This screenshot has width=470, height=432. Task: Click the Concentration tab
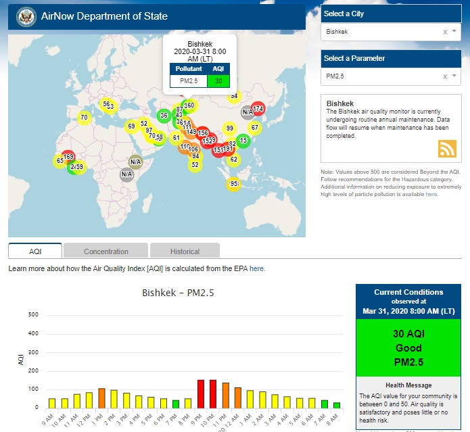click(105, 251)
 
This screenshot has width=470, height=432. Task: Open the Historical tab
click(185, 251)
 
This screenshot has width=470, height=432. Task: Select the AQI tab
click(35, 251)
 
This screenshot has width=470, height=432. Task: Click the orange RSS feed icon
click(447, 148)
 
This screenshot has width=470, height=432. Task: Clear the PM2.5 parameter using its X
click(445, 76)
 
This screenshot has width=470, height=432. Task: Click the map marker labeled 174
click(258, 109)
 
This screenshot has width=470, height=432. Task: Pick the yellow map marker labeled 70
click(84, 117)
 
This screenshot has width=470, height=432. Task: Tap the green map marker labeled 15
click(243, 141)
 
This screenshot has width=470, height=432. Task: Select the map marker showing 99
click(230, 128)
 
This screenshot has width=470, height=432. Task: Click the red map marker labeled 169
click(68, 157)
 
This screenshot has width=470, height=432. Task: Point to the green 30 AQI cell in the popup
click(218, 81)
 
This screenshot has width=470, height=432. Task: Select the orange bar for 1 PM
click(101, 398)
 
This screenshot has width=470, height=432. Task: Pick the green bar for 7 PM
click(176, 404)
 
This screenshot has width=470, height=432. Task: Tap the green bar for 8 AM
click(336, 405)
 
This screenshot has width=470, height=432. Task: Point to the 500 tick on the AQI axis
click(33, 315)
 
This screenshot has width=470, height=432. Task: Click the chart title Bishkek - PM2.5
click(178, 293)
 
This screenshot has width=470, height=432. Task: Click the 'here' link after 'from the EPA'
click(257, 268)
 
